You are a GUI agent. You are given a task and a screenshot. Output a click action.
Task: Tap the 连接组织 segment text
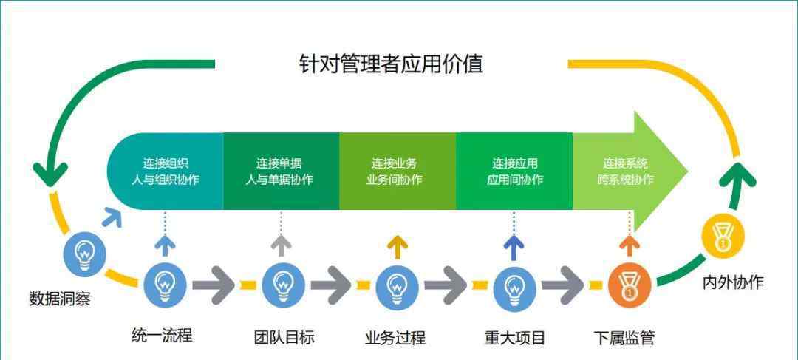coord(166,163)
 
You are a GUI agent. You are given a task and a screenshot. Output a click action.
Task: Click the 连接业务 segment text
coord(394,163)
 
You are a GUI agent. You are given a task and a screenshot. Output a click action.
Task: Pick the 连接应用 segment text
coord(514,163)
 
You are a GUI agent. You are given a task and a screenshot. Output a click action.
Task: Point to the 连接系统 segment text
coord(626,163)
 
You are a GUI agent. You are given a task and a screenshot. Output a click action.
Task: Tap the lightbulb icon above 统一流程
coord(165,284)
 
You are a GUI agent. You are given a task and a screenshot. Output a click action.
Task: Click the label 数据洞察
coord(60,299)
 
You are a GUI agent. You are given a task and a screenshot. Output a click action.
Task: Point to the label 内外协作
coord(733,282)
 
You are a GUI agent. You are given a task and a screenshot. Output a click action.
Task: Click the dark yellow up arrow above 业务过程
coord(398,246)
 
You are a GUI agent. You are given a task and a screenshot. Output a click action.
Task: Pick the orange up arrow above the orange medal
coord(630,246)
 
